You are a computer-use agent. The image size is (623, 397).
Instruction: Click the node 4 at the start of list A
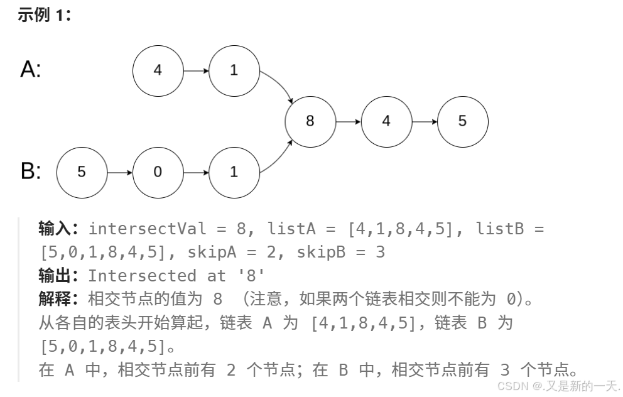[x=158, y=70]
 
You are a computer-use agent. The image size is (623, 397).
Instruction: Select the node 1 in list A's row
[x=234, y=70]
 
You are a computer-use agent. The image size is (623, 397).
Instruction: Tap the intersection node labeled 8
[x=310, y=121]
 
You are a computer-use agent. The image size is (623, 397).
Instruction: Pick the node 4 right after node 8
[x=386, y=121]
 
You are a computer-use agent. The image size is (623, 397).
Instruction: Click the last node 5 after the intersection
[x=463, y=121]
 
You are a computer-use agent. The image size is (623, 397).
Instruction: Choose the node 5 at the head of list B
[x=82, y=172]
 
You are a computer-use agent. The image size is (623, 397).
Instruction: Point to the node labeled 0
[x=158, y=172]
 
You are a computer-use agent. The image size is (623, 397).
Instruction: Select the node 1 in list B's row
[x=234, y=172]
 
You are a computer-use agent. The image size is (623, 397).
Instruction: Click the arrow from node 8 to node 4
[x=349, y=121]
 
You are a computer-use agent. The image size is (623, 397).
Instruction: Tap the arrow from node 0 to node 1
[x=196, y=172]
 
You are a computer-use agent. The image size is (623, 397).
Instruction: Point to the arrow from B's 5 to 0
[x=119, y=172]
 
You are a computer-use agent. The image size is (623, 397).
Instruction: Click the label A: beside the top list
[x=31, y=69]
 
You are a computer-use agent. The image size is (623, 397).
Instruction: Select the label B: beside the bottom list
[x=31, y=171]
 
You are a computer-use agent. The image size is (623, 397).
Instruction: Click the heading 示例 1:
[x=44, y=15]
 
